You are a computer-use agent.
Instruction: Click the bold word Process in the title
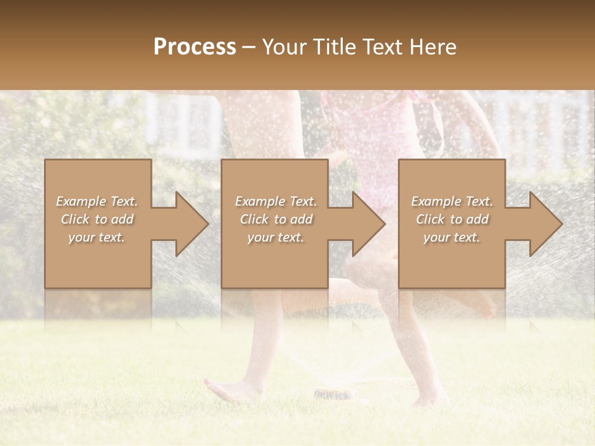click(195, 46)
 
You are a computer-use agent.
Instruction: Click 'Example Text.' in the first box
click(97, 201)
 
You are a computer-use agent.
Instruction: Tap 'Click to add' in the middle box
click(276, 219)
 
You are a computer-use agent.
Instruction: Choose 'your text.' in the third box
click(451, 237)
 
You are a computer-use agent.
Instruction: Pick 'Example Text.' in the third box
click(451, 201)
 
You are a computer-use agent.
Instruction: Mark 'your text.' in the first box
click(97, 237)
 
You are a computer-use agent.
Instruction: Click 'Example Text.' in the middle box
click(276, 201)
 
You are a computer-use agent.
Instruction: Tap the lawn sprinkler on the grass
click(333, 393)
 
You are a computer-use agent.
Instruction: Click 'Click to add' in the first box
click(97, 219)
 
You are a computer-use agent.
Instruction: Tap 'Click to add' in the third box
click(451, 219)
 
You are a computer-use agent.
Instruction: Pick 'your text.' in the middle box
click(276, 237)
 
